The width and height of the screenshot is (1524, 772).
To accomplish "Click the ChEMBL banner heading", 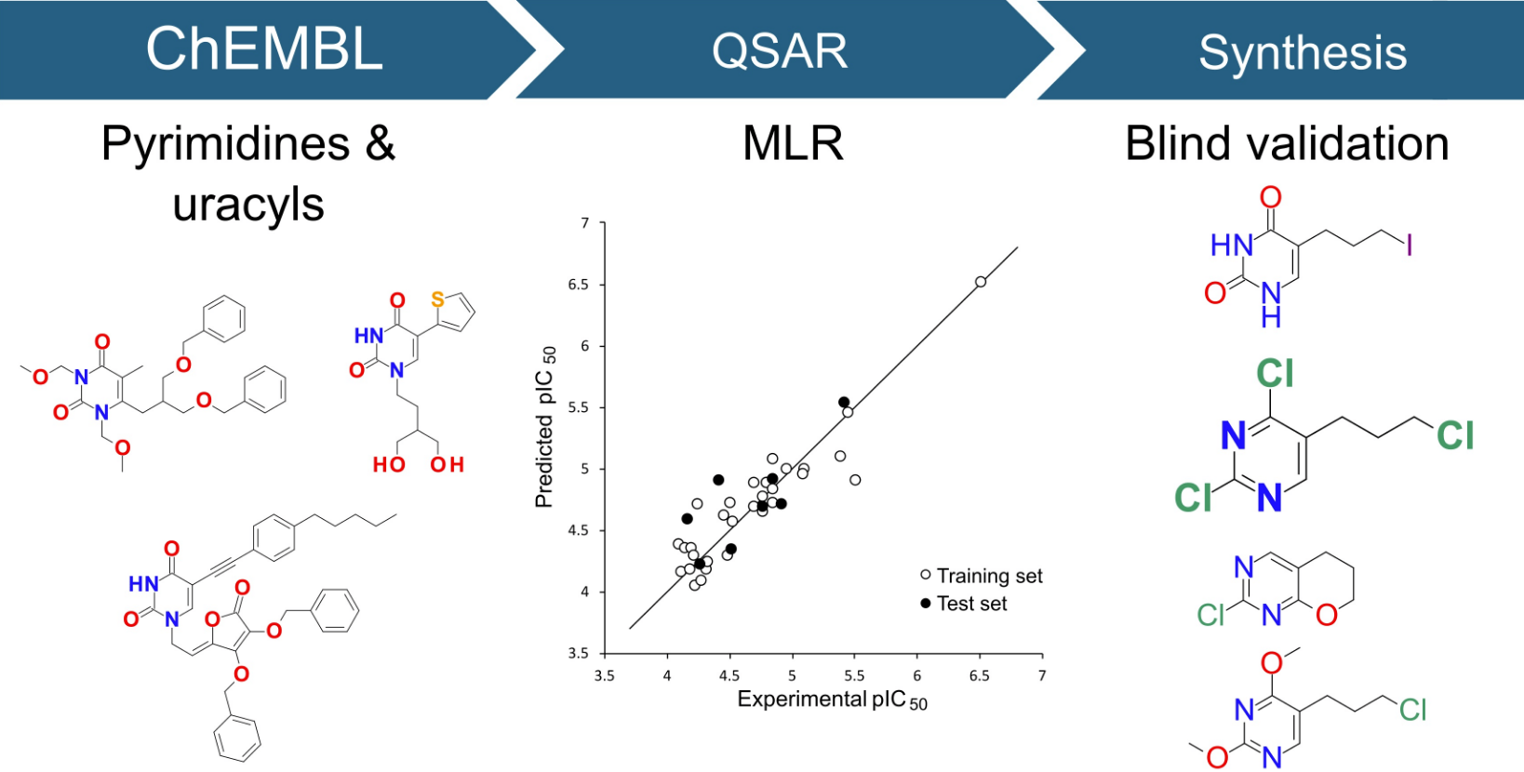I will click(264, 49).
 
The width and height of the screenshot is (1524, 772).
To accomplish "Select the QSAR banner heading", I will click(780, 51).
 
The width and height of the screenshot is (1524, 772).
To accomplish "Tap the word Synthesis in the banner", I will click(1302, 53).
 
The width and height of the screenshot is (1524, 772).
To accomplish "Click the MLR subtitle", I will click(793, 144).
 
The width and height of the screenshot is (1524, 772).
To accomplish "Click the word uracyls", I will click(248, 204).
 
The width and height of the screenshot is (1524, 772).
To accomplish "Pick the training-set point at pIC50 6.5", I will click(981, 282).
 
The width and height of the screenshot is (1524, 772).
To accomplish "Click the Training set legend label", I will click(989, 577).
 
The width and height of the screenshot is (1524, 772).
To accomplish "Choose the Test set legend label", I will click(971, 604).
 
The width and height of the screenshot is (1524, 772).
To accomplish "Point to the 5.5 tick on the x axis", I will click(854, 676).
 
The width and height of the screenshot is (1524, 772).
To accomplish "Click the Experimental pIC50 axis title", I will click(832, 700).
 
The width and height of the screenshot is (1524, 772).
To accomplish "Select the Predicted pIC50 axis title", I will click(545, 428).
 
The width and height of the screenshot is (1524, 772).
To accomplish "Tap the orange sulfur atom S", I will click(437, 299).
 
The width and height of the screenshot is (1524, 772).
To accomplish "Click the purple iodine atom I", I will click(1410, 246).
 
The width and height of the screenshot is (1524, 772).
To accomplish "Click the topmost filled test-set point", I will click(844, 403).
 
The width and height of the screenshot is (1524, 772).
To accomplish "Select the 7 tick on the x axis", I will click(1042, 676).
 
